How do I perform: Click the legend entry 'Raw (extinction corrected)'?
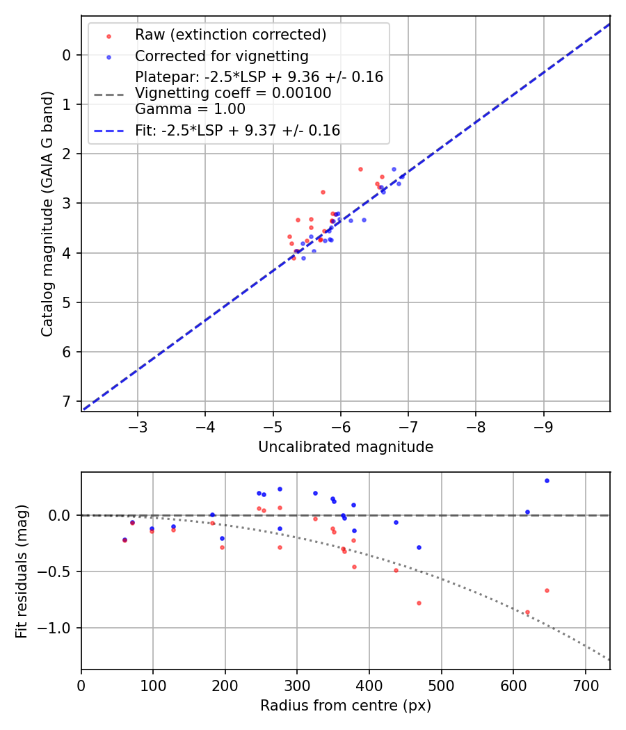coord(230,35)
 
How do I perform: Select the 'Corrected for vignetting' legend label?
coord(221,56)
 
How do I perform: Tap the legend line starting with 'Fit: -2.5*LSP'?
coord(237,130)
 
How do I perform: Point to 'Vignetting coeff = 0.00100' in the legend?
coord(233,93)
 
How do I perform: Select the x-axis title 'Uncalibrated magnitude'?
coord(346,447)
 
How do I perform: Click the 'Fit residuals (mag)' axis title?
coord(22,571)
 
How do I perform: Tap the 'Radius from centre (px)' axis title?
coord(346,706)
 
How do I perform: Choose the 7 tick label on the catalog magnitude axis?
coord(67,401)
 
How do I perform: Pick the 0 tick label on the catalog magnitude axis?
coord(67,55)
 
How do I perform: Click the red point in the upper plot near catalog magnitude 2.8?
coord(323,192)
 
